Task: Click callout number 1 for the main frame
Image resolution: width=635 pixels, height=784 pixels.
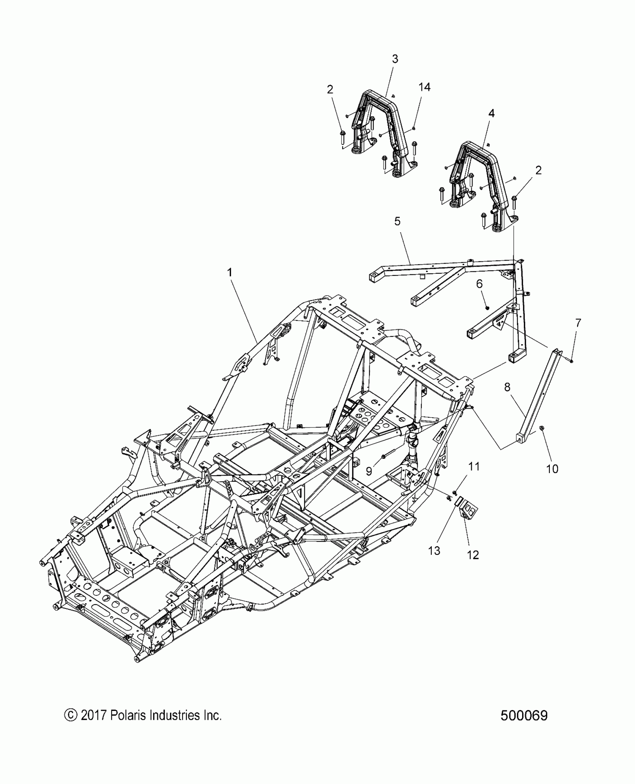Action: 230,273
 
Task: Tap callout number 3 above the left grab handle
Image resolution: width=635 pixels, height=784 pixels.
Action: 395,59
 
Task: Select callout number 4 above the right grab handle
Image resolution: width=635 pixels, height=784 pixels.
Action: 491,113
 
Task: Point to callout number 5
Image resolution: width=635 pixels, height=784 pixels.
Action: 397,221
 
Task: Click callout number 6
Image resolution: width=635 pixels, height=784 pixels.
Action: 479,284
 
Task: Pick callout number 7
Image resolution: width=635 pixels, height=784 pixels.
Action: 578,323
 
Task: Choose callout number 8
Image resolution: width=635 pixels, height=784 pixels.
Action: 507,388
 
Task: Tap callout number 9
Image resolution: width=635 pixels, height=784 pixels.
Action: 369,471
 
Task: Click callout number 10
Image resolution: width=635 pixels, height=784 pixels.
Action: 552,469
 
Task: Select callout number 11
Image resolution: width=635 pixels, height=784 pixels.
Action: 474,467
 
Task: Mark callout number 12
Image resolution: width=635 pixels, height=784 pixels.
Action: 473,565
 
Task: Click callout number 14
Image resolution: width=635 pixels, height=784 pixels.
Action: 424,87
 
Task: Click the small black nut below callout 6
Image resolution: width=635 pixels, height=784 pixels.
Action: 487,308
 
